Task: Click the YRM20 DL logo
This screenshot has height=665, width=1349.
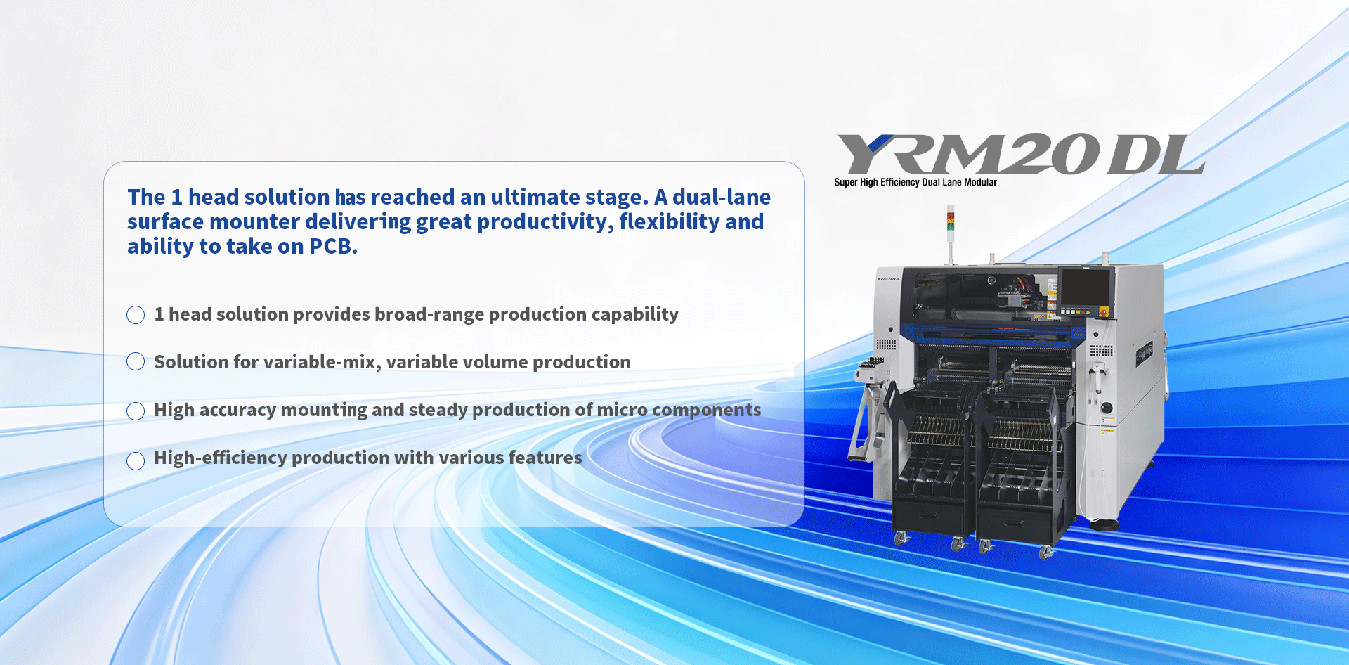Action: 1021,154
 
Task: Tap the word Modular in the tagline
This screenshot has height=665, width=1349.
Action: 980,182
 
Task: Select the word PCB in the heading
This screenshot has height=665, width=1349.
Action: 333,246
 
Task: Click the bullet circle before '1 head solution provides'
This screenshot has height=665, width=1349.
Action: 136,315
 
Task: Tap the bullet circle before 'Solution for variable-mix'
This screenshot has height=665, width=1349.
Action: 136,361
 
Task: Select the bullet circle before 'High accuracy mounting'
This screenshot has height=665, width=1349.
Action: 136,411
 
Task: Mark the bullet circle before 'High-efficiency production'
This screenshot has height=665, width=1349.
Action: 136,461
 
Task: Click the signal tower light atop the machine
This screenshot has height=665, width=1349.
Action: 951,219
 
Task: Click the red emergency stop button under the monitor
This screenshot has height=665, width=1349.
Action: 1102,311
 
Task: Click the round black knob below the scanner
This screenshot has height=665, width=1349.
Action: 1107,408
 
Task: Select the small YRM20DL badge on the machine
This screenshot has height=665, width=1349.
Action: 889,279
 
